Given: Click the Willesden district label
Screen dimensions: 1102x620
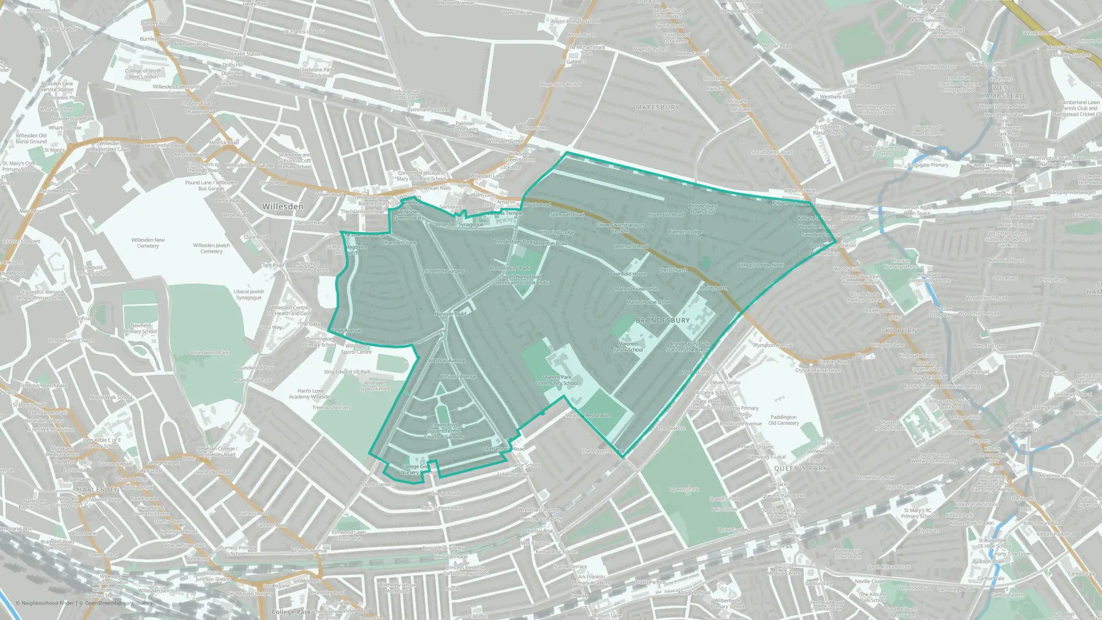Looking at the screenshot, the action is click(283, 207).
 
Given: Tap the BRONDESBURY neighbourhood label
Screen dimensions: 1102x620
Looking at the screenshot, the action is click(663, 320).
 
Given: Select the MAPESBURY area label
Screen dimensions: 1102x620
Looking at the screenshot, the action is click(657, 107).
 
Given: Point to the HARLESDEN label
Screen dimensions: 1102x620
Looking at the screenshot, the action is click(99, 489).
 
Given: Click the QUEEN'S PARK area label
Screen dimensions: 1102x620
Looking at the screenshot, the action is click(801, 468).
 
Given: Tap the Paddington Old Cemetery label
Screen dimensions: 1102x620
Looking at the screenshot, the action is click(784, 420).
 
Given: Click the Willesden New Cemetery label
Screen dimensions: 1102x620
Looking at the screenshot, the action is click(148, 243).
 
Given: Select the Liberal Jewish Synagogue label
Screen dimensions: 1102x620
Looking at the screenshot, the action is click(249, 294).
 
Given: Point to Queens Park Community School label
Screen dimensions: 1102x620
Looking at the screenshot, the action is click(557, 380).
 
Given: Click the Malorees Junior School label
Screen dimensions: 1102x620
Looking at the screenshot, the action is click(628, 347).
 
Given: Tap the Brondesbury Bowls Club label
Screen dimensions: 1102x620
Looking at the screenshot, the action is click(703, 209).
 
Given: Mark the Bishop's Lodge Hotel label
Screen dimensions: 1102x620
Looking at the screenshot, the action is click(760, 265).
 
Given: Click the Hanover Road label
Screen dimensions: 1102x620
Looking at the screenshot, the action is click(450, 314).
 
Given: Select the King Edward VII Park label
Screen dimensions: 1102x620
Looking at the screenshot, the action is click(347, 372).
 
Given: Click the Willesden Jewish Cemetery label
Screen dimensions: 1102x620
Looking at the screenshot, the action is click(212, 249).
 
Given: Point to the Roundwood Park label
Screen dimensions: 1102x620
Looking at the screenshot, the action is click(209, 353).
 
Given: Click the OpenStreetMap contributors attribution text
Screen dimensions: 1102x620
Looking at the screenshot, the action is click(115, 603).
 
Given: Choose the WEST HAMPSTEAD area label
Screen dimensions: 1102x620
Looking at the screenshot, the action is click(1002, 92).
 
